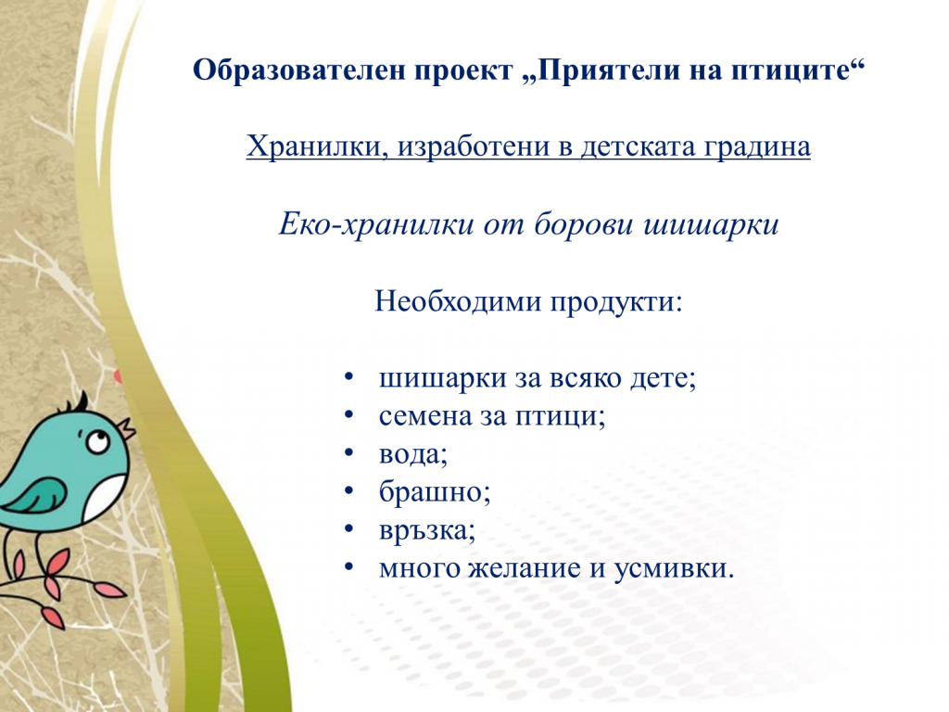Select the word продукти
coord(617,302)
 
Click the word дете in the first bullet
coord(663,378)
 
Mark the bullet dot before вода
coord(348,454)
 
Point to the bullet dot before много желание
coord(348,568)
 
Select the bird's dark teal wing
coord(37,497)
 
